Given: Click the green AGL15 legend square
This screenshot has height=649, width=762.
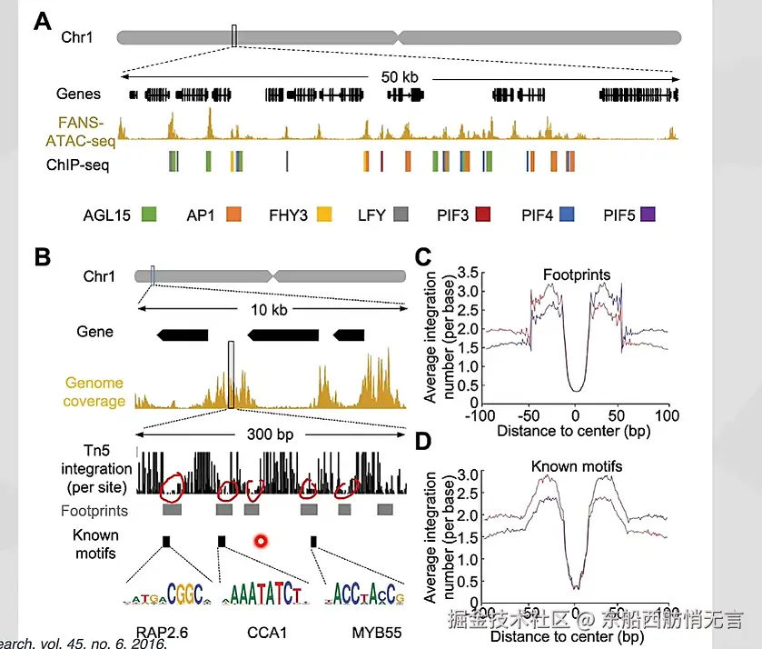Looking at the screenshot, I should click(x=152, y=215).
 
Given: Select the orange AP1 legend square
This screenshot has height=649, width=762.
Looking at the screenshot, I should click(x=233, y=215).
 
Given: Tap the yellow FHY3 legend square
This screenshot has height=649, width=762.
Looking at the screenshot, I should click(x=324, y=215).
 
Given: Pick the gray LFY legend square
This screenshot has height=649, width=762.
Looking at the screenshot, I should click(x=401, y=215).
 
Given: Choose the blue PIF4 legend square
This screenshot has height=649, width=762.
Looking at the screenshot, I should click(x=567, y=215).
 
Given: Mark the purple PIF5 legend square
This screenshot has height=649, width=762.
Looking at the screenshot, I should click(x=648, y=215).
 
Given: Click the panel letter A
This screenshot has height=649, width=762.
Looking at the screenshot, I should click(x=43, y=22).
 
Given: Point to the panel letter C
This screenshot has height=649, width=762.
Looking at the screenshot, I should click(x=422, y=257).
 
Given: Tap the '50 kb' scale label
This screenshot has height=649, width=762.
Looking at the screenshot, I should click(x=400, y=76).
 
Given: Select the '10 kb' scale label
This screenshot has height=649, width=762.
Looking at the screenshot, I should click(x=269, y=310).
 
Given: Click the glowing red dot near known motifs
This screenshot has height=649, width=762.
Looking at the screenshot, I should click(x=262, y=542).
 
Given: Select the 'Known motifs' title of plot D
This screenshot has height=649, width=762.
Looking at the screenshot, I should click(x=577, y=466).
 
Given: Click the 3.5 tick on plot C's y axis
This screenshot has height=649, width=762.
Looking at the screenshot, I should click(x=467, y=272).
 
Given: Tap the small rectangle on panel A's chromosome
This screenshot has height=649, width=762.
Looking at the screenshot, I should click(x=234, y=36).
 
